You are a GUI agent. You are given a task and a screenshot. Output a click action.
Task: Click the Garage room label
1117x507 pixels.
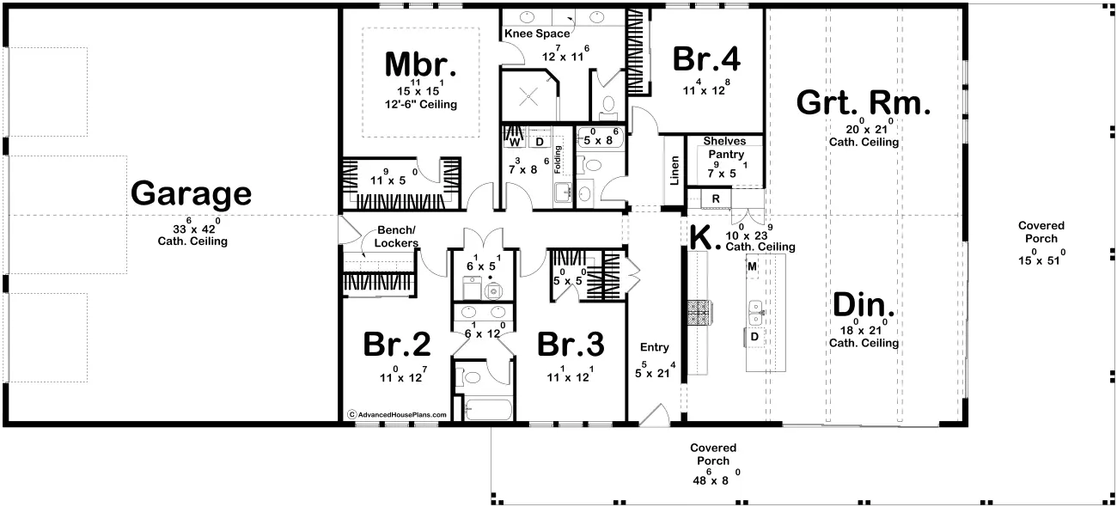pos(191,193)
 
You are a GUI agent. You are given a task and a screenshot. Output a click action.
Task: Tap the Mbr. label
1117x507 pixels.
pos(420,64)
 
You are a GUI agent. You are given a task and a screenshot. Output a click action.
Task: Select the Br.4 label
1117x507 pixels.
pos(706,58)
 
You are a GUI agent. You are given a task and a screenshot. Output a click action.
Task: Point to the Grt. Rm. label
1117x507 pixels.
pos(864,103)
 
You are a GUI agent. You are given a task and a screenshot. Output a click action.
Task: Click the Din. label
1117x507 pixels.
pos(864,304)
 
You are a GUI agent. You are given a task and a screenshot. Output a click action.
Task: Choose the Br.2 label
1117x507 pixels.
pos(397,344)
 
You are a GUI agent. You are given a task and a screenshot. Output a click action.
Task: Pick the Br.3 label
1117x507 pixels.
pos(571,344)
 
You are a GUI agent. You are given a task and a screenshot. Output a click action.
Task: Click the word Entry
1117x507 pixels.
pos(654,347)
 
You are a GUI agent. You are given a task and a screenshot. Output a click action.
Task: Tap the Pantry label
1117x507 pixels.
pos(726,155)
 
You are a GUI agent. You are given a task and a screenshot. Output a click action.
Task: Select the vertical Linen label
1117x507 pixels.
pos(674,170)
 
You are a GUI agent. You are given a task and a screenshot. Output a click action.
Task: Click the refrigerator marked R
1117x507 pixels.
pos(716,199)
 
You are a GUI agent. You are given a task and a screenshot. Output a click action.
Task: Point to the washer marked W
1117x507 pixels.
pos(515,142)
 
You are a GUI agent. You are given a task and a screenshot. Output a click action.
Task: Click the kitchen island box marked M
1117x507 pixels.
pos(752,266)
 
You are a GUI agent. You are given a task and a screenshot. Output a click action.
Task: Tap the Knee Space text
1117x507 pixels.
pos(537,34)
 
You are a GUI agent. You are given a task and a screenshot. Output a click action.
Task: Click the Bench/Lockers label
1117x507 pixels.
pos(396,237)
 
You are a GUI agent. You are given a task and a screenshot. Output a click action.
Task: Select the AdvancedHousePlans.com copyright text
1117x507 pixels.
pos(398,414)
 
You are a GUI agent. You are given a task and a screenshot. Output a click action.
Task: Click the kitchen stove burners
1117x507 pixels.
pos(700,313)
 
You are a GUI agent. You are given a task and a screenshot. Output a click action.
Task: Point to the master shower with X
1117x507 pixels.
pos(528,97)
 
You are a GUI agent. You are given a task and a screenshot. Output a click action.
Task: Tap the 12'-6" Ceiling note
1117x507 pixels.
pos(421,105)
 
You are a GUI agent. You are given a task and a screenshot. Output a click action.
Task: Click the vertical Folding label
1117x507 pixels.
pos(558,160)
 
